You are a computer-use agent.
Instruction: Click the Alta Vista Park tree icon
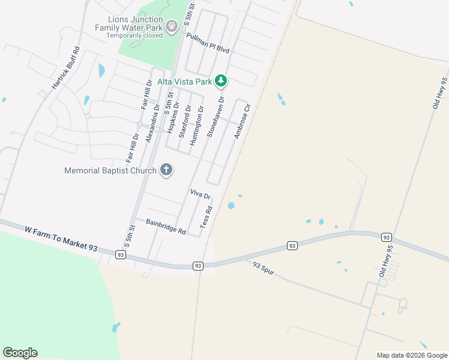coord(221,80)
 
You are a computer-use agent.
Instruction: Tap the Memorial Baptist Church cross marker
coord(166,170)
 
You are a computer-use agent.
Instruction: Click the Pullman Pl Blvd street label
coord(208,43)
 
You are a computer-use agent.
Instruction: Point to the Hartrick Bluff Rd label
coord(65,68)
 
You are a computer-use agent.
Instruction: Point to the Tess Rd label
coord(206,217)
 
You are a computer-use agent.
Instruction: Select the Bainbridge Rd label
coord(166,226)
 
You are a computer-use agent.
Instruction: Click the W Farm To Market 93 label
coord(61,238)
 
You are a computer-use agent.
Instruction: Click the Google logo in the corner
coord(20,353)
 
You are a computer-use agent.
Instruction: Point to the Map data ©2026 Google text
coord(411,355)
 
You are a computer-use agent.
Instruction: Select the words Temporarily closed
coord(134,35)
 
